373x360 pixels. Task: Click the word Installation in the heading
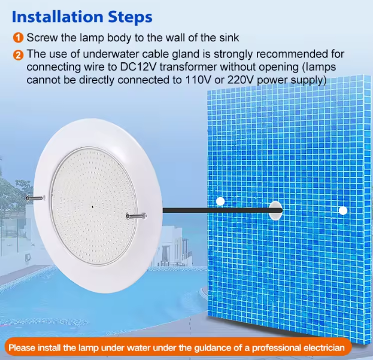click(x=58, y=17)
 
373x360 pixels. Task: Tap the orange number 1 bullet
click(x=18, y=38)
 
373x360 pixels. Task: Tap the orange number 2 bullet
click(x=18, y=55)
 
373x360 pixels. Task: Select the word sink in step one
click(x=229, y=38)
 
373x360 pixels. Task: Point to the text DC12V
click(x=138, y=67)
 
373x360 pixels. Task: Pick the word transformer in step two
click(x=188, y=67)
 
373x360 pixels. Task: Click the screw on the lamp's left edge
click(x=36, y=198)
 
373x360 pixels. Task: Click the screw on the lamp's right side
click(x=136, y=216)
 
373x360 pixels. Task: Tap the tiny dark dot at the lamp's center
click(x=93, y=207)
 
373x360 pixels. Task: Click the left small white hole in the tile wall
click(x=220, y=201)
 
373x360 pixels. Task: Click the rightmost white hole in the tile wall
click(x=343, y=211)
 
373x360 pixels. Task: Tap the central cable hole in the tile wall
click(x=275, y=210)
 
